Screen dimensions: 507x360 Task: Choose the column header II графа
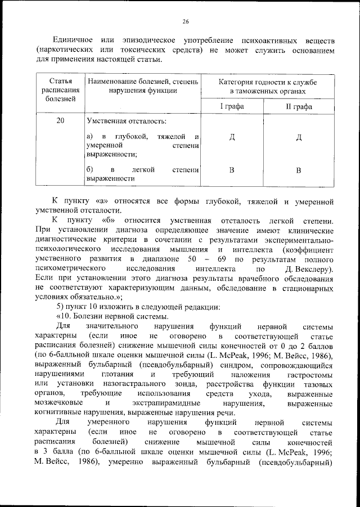point(299,106)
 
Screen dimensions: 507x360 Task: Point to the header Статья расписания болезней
point(60,90)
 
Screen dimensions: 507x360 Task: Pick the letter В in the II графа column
point(299,170)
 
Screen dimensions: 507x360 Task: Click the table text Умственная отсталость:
point(122,121)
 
